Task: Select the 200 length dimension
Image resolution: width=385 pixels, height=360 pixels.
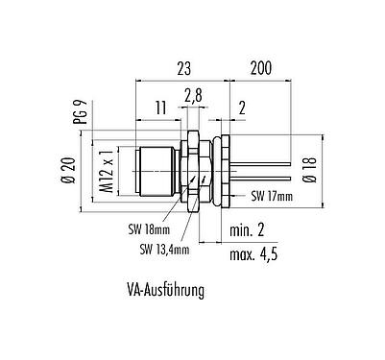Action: click(258, 68)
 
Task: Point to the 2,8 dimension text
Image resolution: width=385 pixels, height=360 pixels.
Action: click(192, 96)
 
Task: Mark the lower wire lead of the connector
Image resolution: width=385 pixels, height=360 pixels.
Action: click(259, 177)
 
